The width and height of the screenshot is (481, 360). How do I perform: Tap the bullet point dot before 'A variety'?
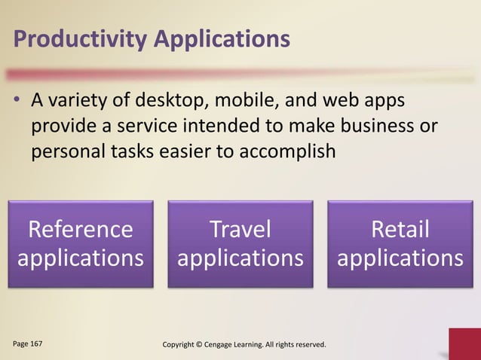17,102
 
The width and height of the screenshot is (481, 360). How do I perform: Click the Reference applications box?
81,243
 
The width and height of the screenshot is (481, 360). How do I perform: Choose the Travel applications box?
240,243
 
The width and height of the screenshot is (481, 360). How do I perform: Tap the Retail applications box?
400,243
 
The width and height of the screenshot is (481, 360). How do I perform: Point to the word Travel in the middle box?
240,228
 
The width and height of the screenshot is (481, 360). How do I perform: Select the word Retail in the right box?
400,228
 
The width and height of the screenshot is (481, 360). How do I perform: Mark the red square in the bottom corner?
464,344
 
